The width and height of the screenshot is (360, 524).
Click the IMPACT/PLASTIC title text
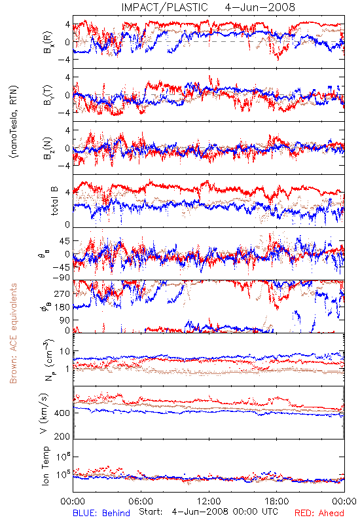(164, 7)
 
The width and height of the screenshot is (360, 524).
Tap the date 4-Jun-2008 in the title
(260, 7)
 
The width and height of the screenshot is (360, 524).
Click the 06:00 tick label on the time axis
(141, 501)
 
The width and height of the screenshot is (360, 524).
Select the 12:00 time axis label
(209, 501)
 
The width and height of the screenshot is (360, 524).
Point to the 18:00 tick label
(277, 501)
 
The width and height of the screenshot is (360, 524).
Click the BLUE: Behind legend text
(101, 513)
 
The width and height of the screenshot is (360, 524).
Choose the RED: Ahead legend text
(319, 513)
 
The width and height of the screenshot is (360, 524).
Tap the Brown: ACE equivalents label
(13, 333)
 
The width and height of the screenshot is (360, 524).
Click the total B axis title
(54, 201)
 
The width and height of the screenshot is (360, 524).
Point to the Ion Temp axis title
(45, 466)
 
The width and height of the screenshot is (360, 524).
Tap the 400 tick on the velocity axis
(63, 413)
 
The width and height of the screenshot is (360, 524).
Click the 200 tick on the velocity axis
(63, 436)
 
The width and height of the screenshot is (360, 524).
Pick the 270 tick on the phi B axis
(63, 293)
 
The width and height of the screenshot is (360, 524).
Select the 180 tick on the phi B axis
(63, 307)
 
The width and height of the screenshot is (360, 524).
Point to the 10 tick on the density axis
(65, 351)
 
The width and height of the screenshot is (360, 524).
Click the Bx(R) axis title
(48, 42)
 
